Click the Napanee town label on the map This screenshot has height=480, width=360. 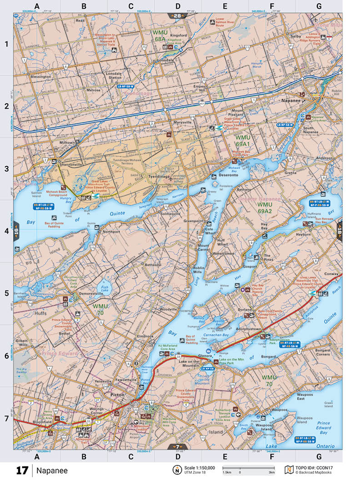tap(292, 100)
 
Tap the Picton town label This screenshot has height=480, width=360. tap(117, 395)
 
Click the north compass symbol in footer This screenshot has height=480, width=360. tap(176, 470)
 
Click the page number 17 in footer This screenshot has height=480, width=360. tap(22, 470)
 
